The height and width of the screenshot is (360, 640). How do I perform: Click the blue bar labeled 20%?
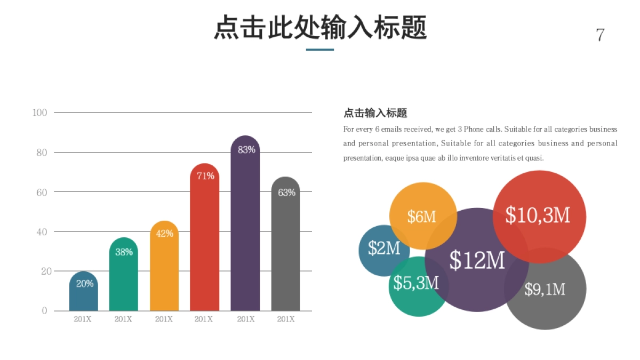coord(84,293)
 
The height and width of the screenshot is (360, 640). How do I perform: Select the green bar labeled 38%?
coord(124,277)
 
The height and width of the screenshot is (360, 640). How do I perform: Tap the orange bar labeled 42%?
coord(164,269)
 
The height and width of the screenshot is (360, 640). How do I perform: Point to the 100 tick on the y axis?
coord(40,113)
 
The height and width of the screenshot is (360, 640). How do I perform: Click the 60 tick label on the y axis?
coord(42,192)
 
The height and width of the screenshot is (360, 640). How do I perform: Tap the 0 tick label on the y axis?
coord(44,311)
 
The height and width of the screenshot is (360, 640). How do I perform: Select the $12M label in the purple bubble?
coord(477,260)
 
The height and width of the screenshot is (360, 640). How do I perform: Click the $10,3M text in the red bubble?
coord(538,215)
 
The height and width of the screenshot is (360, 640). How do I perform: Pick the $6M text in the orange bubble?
coord(422,217)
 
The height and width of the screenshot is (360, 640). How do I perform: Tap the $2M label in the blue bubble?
coord(384,248)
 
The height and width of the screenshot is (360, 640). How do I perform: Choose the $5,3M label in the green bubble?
coord(416,283)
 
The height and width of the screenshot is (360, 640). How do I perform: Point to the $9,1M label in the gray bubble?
coord(545,289)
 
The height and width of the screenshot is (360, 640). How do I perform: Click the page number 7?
coord(600,35)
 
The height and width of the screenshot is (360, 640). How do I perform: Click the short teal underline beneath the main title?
coord(320,50)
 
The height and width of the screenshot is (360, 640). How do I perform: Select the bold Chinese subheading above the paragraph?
coord(375,113)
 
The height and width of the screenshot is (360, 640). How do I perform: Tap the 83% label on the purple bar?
coord(246,150)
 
